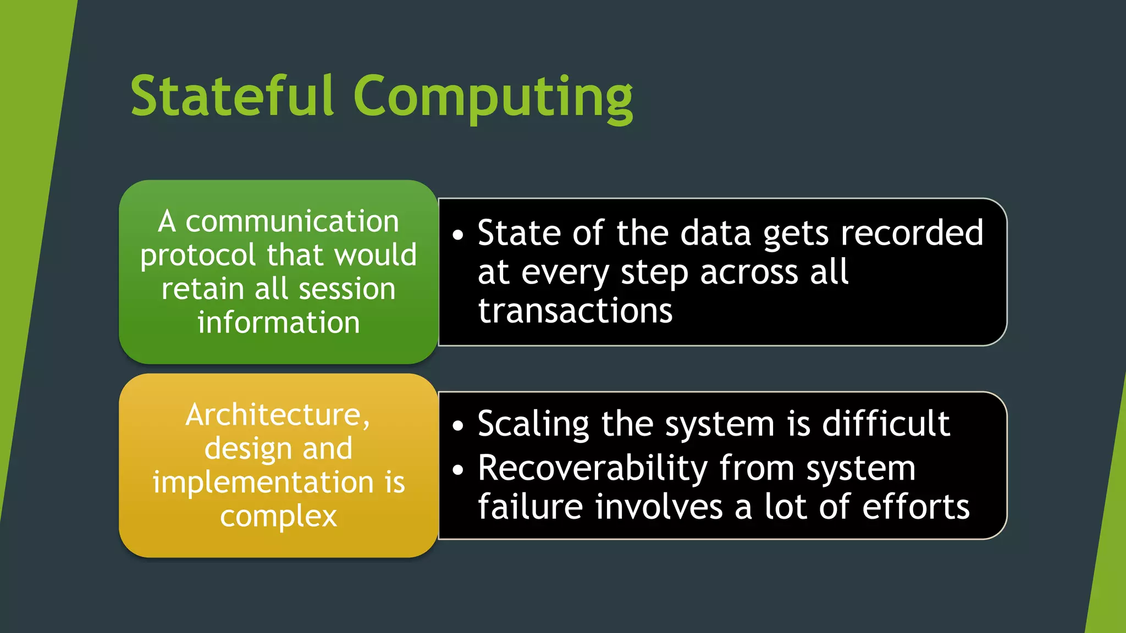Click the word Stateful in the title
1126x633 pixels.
232,97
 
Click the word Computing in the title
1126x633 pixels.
493,98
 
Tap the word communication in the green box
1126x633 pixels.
292,221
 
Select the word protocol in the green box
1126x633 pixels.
198,256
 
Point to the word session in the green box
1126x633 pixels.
346,289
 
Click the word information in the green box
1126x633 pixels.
279,323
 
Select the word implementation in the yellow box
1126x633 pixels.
263,482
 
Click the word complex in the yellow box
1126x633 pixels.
279,517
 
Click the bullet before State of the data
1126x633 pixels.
458,235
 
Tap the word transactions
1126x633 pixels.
575,311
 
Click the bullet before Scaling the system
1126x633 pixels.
458,426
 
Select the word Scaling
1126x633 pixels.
533,424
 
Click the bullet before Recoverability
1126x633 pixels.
458,470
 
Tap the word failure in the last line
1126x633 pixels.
530,507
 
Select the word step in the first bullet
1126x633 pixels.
654,273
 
